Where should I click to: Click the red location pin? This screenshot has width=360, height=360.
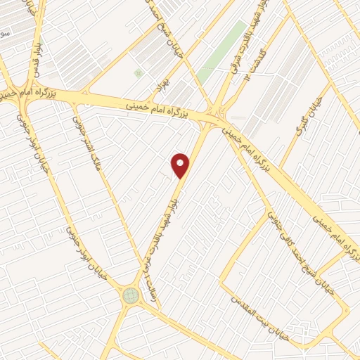click(x=181, y=165)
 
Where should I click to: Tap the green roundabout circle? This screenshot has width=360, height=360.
click(x=131, y=295)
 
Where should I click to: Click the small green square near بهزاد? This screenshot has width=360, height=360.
click(x=138, y=72)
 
